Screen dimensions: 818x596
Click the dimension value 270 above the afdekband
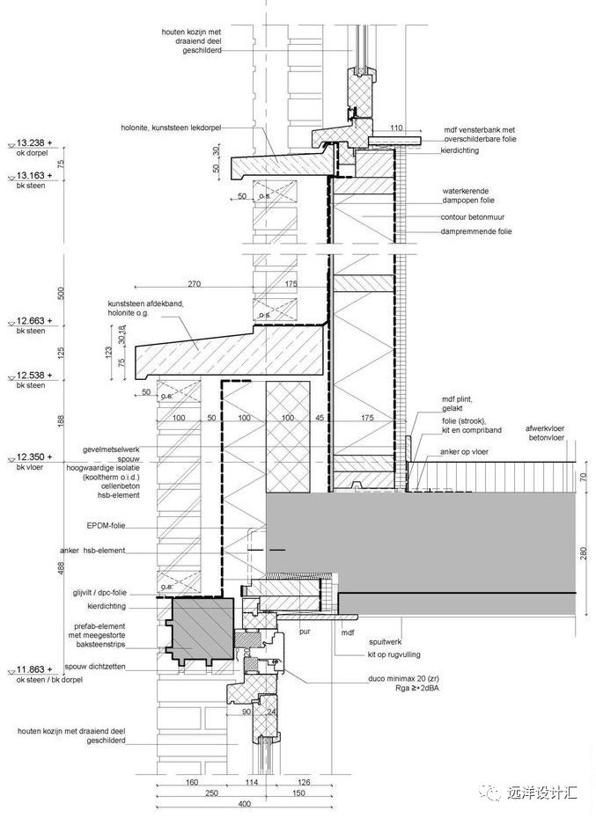[195, 284]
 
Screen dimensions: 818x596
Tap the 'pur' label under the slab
[305, 631]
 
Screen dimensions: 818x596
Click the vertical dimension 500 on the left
[62, 291]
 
